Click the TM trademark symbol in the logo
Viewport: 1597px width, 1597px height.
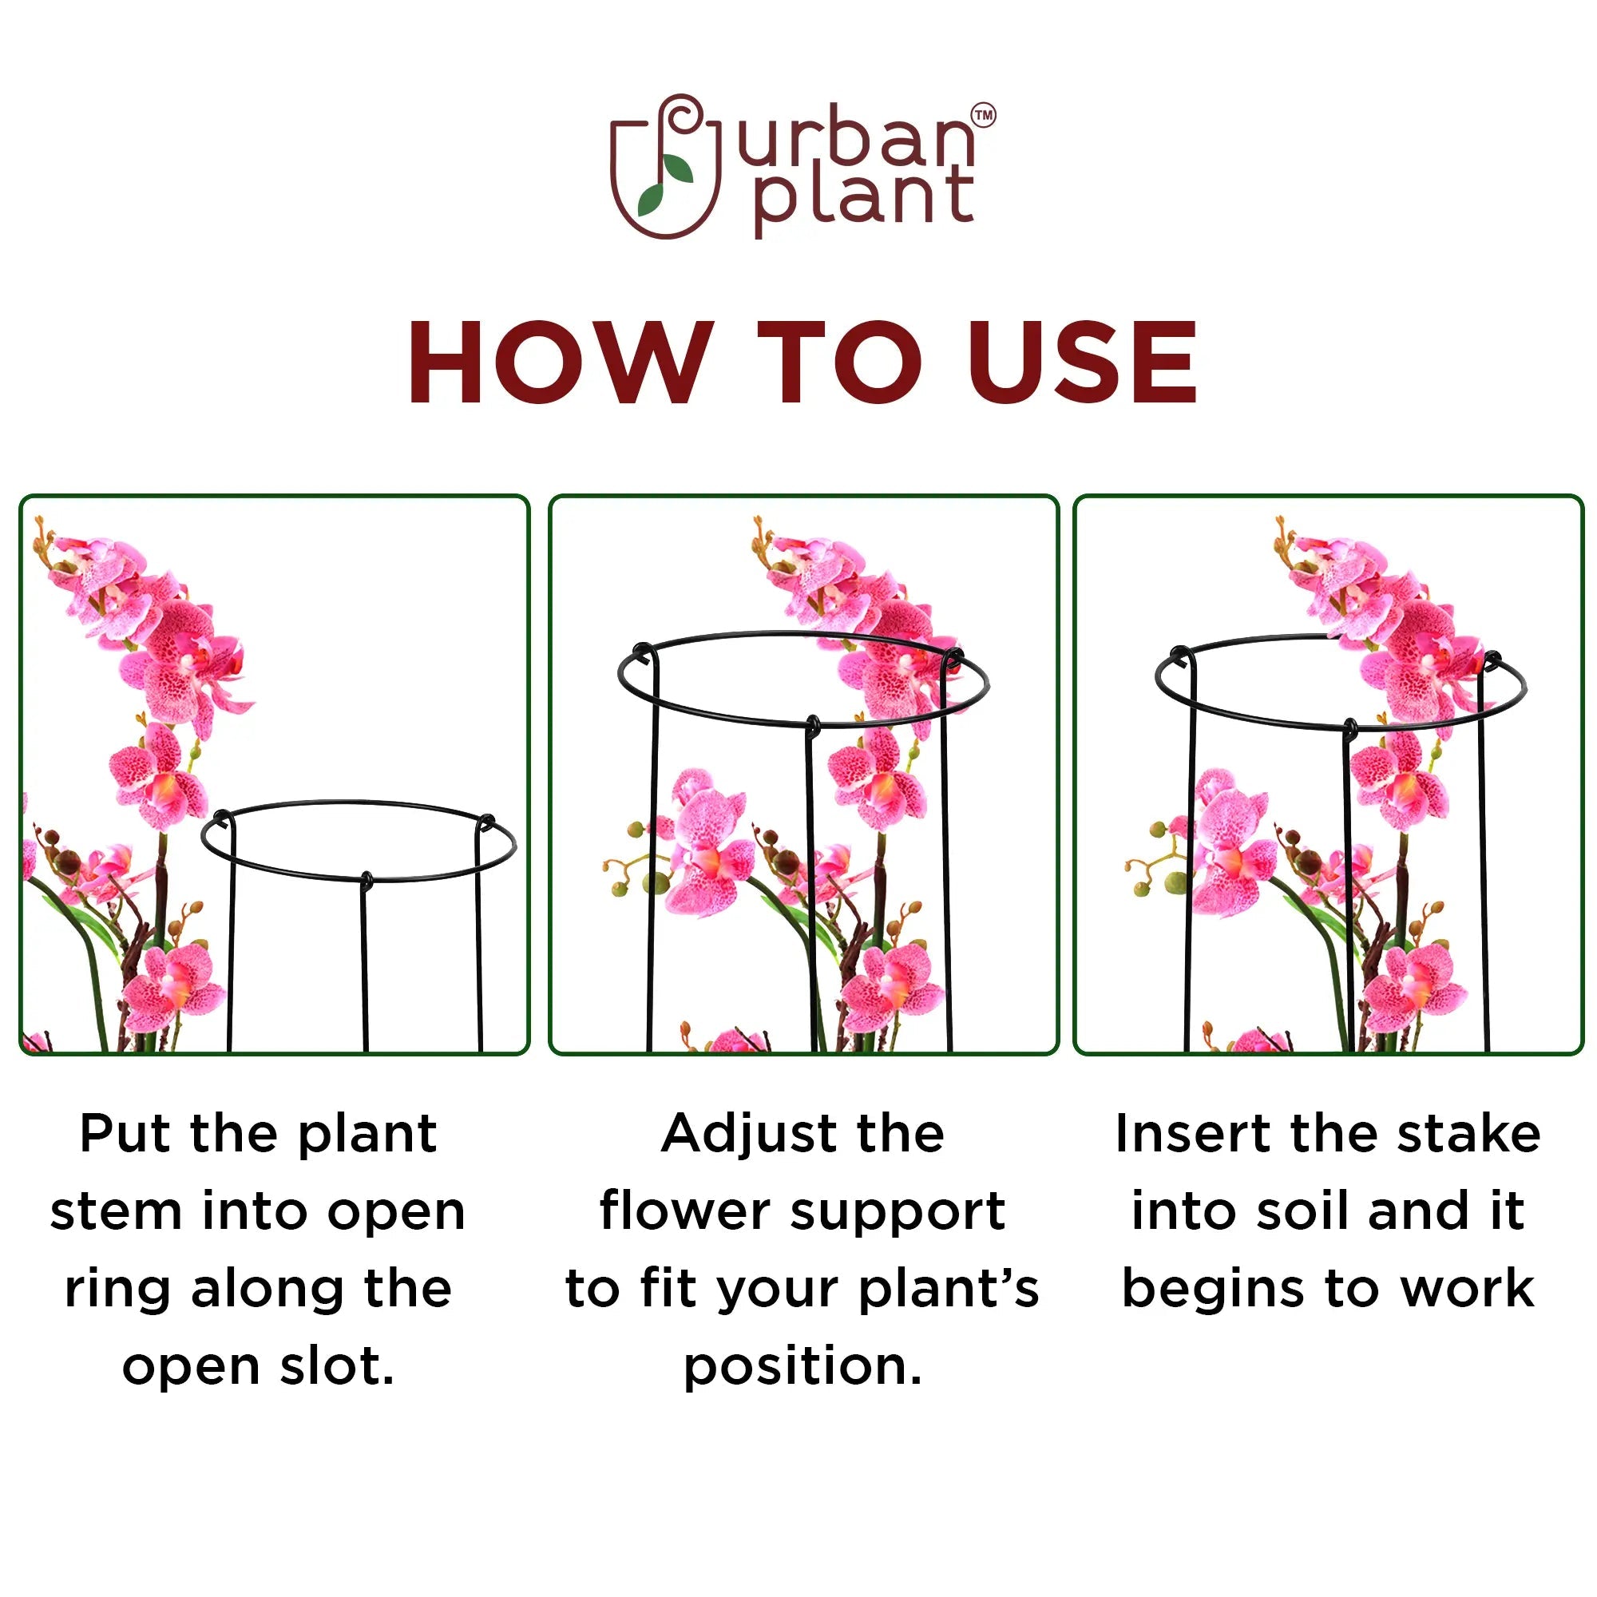(984, 115)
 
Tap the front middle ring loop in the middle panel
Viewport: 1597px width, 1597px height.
(814, 725)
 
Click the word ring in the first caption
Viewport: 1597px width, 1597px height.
(117, 1290)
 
